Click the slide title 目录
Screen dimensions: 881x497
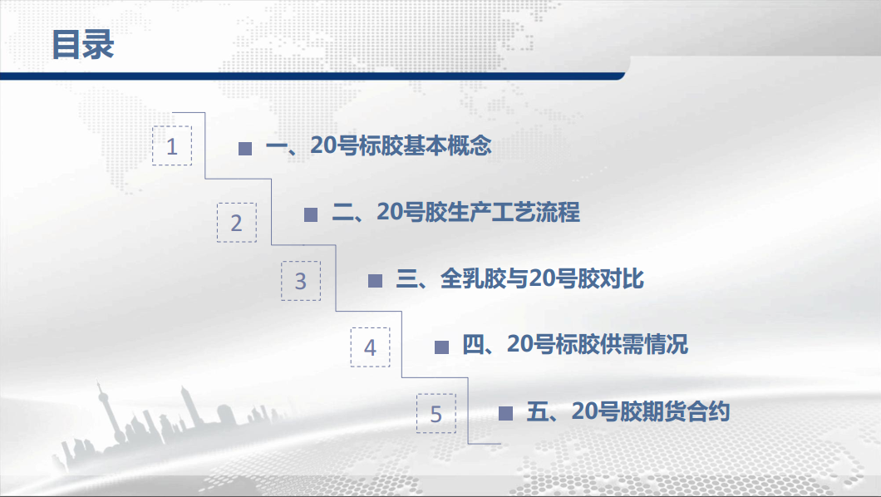(83, 45)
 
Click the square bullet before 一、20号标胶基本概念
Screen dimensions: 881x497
(245, 148)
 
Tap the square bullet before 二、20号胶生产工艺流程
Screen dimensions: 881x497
(311, 214)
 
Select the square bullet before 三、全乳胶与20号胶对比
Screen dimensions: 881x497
(375, 281)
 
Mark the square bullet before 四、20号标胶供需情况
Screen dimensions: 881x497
(441, 347)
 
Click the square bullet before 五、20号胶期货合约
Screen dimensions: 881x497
(505, 413)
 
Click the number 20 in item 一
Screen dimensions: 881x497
(323, 145)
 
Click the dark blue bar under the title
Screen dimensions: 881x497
(313, 76)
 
